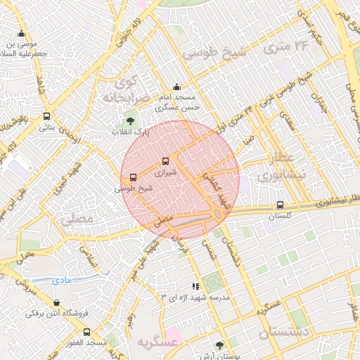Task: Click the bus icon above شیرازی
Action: [x=166, y=161]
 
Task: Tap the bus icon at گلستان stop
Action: [x=280, y=206]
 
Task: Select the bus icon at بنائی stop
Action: [x=46, y=117]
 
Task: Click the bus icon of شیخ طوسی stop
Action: [x=134, y=177]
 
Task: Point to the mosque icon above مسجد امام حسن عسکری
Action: [x=176, y=87]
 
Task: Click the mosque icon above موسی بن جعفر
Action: [x=22, y=34]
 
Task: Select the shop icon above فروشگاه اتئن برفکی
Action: [x=56, y=303]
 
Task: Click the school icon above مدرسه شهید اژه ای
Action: [x=195, y=287]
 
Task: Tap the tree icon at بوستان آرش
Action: [x=220, y=345]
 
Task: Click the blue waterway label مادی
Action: [x=63, y=281]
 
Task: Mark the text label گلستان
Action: [x=280, y=217]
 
